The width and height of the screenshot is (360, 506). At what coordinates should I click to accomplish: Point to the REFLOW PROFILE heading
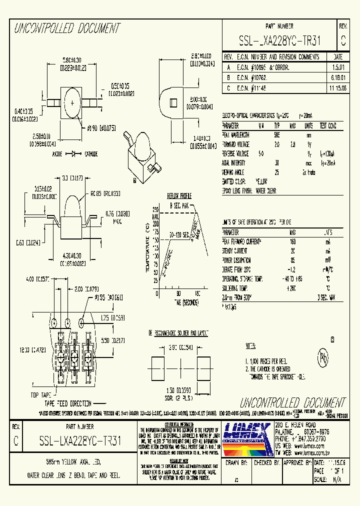point(179,196)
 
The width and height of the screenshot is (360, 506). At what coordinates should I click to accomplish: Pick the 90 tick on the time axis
point(178,293)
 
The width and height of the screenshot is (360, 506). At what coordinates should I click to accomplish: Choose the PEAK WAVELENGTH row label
point(239,135)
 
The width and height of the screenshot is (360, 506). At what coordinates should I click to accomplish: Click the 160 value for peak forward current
point(292,242)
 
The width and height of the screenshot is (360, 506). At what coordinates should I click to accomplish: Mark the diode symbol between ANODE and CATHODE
point(75,153)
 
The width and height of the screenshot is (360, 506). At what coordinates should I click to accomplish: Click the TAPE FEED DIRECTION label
point(67,403)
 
